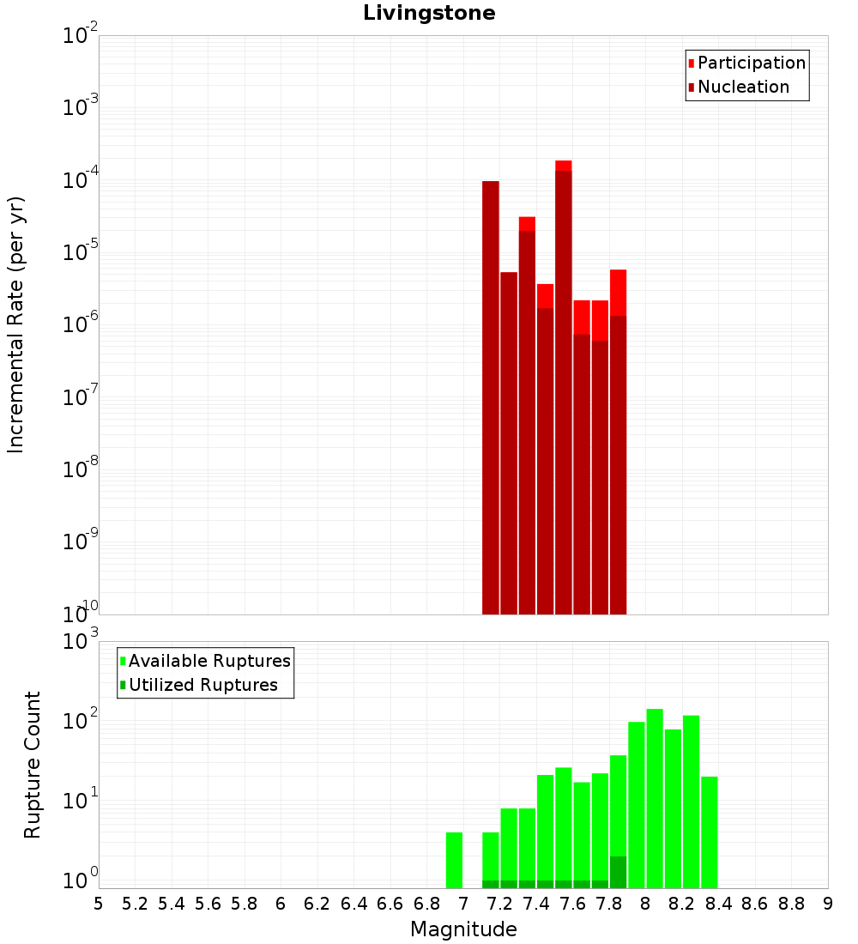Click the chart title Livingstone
[429, 13]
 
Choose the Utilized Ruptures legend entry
[202, 686]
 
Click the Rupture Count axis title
[33, 765]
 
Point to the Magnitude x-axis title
[463, 929]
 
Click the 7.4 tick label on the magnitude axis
[536, 904]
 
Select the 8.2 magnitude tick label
[682, 904]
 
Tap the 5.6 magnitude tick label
[208, 904]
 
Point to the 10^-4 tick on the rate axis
[80, 180]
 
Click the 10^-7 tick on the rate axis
[80, 397]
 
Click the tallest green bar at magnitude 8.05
[655, 798]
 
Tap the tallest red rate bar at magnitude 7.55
[564, 386]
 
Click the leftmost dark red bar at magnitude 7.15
[491, 395]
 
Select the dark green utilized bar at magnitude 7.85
[619, 872]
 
